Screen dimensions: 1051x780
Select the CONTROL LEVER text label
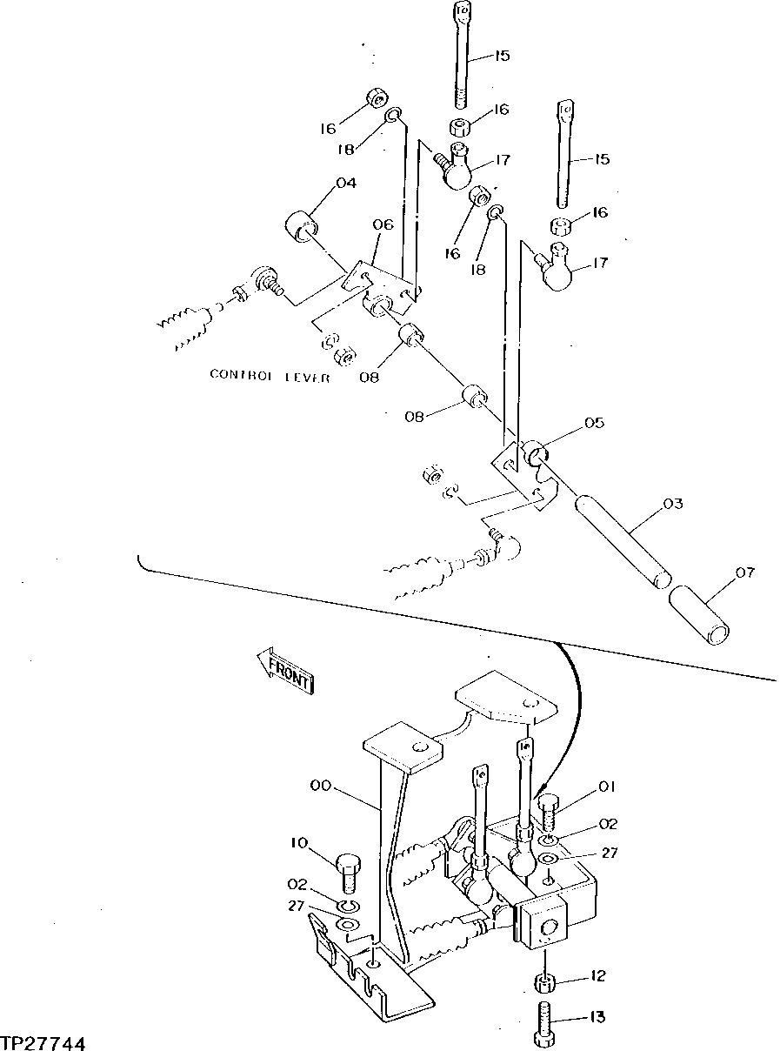(x=270, y=375)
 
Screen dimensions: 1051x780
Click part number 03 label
(x=672, y=504)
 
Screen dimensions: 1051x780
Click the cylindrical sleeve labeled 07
(x=701, y=613)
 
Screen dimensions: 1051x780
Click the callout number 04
(x=346, y=184)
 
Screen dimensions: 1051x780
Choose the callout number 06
(x=383, y=224)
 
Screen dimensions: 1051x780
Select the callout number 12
(x=597, y=977)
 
